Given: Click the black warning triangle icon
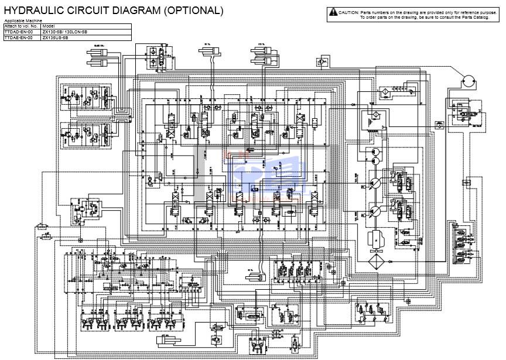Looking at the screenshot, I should point(333,12).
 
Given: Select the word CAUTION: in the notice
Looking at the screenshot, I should point(348,12).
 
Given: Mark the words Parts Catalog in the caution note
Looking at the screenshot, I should point(474,17).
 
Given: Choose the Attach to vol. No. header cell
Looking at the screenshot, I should point(22,26).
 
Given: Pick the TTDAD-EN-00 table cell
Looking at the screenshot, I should point(19,32).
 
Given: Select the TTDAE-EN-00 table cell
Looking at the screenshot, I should point(19,37).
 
